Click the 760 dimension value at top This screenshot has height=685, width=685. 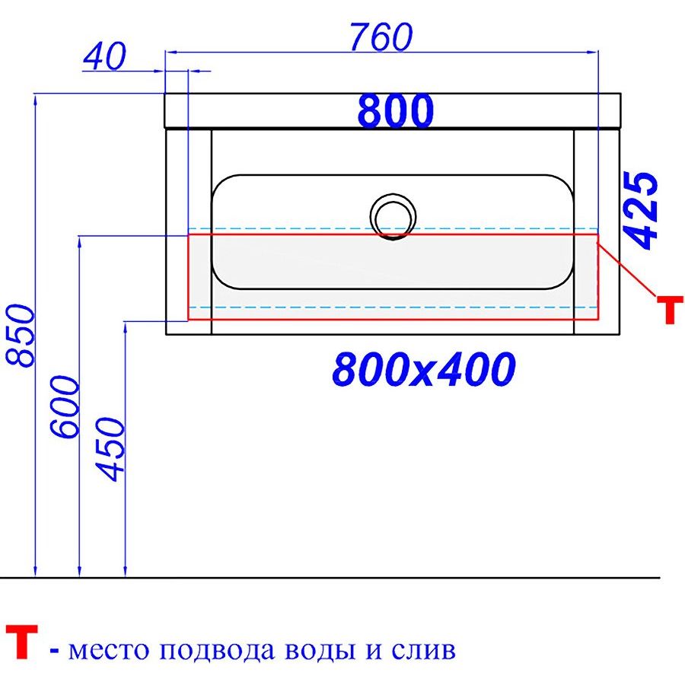click(x=381, y=37)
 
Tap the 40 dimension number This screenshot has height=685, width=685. click(x=104, y=56)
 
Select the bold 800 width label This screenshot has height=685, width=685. click(x=395, y=110)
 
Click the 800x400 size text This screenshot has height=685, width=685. click(x=424, y=369)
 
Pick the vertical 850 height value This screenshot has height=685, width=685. click(x=20, y=336)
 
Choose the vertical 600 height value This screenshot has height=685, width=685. click(x=65, y=406)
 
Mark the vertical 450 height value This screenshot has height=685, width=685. click(x=110, y=449)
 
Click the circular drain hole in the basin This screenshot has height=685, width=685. click(x=393, y=217)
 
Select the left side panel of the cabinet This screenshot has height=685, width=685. click(x=189, y=232)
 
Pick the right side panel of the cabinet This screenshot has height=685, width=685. click(x=597, y=232)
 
